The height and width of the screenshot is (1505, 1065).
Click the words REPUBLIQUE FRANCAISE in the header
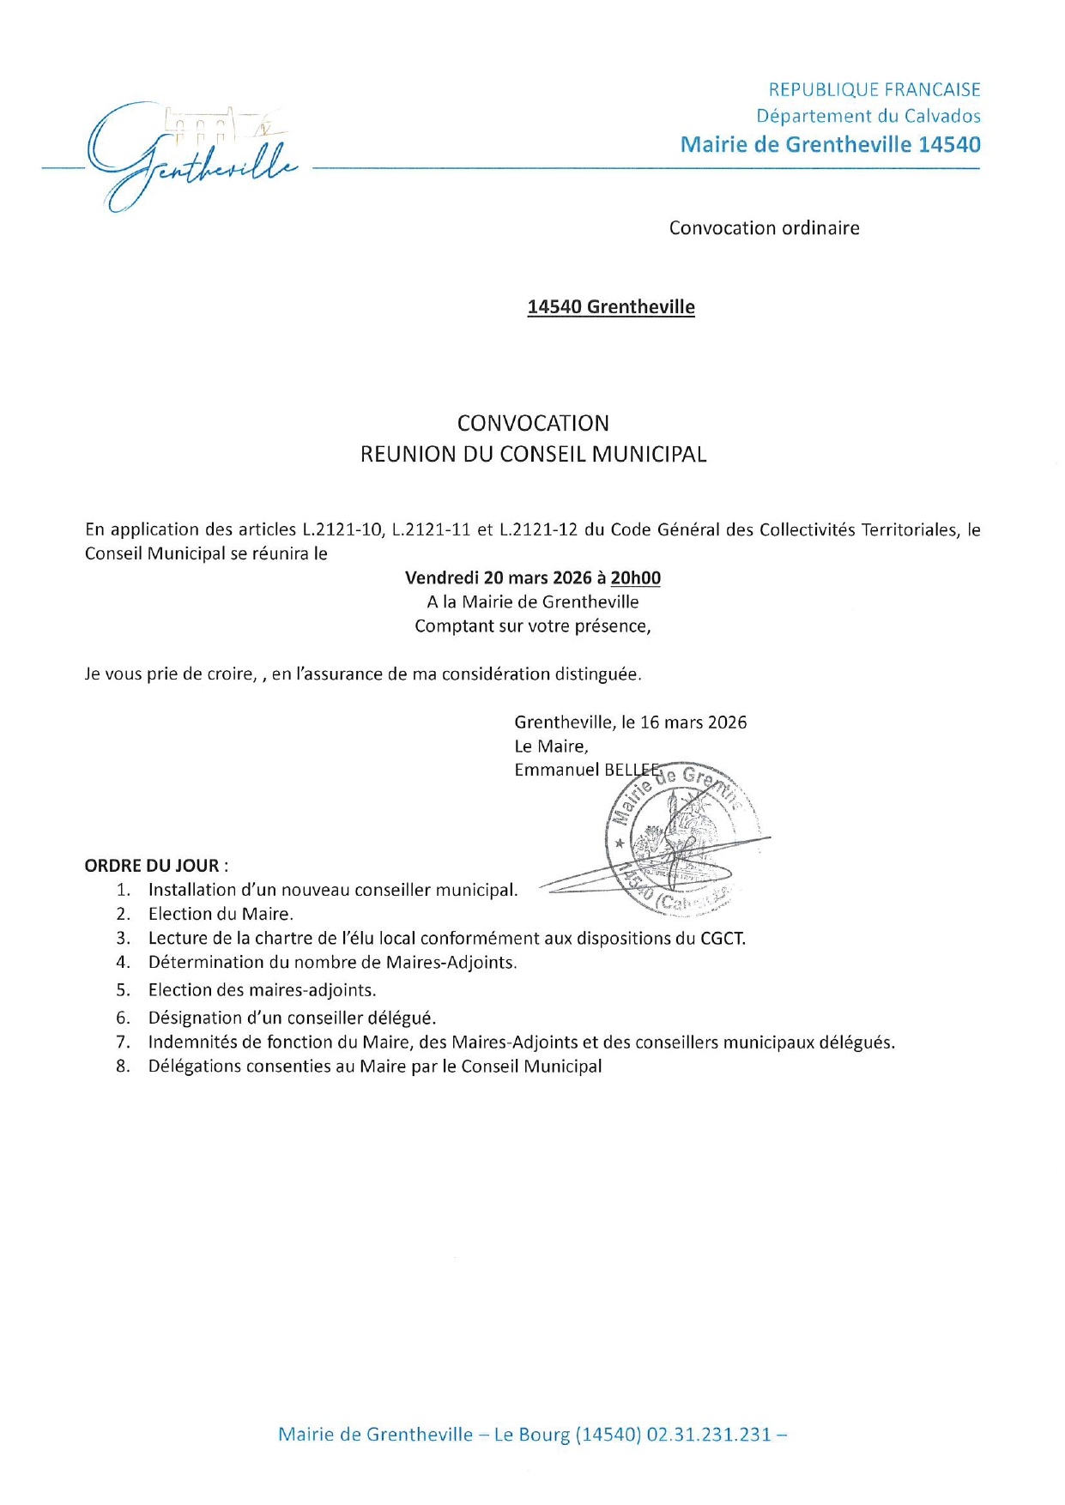(x=874, y=90)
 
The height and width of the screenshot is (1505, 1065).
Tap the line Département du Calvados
(x=868, y=116)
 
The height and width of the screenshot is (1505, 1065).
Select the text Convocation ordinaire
(x=764, y=228)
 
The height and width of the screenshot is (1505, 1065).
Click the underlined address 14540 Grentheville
(x=610, y=307)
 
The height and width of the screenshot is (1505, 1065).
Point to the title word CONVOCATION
(x=533, y=423)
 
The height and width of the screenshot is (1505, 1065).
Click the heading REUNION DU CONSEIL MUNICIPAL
(x=533, y=455)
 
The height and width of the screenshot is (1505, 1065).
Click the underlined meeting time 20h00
(x=636, y=578)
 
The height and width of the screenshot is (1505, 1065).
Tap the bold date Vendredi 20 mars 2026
(x=499, y=578)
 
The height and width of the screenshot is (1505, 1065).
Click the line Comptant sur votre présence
(x=533, y=626)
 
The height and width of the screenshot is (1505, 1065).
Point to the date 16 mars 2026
(x=693, y=722)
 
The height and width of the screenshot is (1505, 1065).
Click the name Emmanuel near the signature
(x=556, y=770)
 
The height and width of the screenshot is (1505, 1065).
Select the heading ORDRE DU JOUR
(x=152, y=866)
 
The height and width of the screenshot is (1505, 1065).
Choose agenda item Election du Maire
(x=221, y=914)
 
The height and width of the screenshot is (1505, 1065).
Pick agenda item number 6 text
(x=292, y=1018)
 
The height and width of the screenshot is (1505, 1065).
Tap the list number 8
(x=123, y=1067)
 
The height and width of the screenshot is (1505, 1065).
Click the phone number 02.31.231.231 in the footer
(x=708, y=1435)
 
